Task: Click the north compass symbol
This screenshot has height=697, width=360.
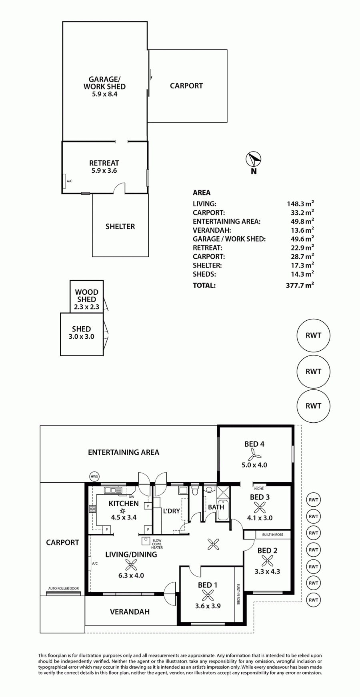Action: tap(254, 159)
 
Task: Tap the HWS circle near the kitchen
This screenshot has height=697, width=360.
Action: tap(94, 476)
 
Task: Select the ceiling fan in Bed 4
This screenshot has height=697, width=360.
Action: tap(254, 454)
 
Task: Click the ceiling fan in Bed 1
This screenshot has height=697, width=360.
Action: tap(208, 595)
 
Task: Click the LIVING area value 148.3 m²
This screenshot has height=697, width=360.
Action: tap(300, 203)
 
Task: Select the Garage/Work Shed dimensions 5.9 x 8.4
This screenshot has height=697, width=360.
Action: tap(104, 94)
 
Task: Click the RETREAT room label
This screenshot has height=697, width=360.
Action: tap(104, 163)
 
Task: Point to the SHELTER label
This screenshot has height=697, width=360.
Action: tap(120, 226)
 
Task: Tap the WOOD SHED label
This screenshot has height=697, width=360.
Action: tap(86, 296)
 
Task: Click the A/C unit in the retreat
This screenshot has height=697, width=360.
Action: tap(64, 181)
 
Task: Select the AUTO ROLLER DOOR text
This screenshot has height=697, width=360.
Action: tap(64, 589)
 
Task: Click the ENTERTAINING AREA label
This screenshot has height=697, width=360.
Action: tap(124, 452)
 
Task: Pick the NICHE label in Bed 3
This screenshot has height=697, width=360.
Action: tap(259, 488)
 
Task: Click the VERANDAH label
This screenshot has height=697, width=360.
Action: tap(130, 611)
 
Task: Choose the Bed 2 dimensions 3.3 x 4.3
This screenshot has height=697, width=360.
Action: tap(267, 571)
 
